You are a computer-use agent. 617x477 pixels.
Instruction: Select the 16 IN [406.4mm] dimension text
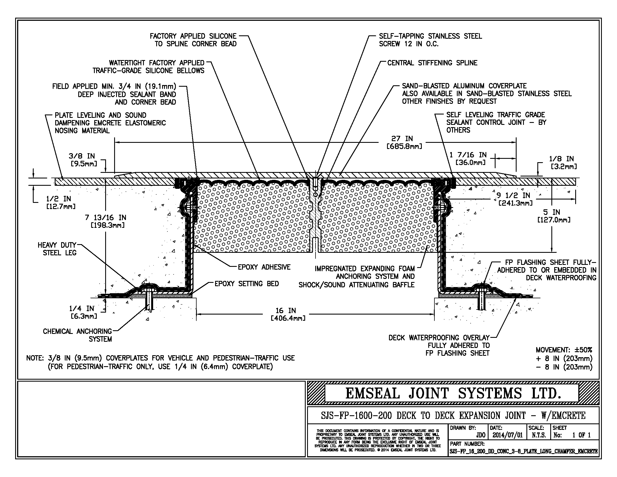[x=288, y=314]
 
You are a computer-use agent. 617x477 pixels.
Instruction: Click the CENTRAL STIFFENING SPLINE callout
[x=432, y=63]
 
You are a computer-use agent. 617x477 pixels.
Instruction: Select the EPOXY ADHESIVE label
[x=264, y=267]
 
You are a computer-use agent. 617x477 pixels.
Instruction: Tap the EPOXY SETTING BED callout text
[x=247, y=283]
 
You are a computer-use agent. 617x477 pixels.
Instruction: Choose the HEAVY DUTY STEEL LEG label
[x=57, y=249]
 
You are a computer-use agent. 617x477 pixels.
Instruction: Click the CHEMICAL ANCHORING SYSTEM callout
[x=77, y=335]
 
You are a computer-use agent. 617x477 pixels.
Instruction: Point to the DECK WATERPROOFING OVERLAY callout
[x=439, y=345]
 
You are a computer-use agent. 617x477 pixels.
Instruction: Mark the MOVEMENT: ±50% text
[x=564, y=350]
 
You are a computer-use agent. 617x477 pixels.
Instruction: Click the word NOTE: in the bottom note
[x=35, y=358]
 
